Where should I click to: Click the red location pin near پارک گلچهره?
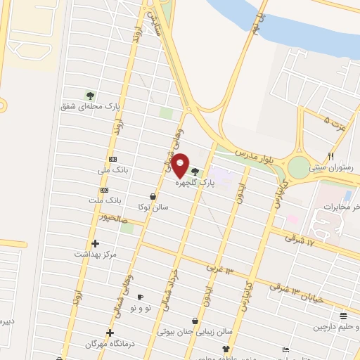[x=181, y=165]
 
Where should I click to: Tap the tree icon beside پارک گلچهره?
[x=195, y=172]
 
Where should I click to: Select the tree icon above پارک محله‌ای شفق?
[x=89, y=95]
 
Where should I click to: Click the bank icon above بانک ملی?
[x=112, y=160]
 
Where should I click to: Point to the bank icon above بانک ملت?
[x=105, y=190]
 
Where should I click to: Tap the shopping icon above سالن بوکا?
[x=153, y=196]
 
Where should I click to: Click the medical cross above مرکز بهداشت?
[x=96, y=243]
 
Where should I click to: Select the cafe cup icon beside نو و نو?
[x=139, y=297]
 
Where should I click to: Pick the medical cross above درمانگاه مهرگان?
[x=110, y=333]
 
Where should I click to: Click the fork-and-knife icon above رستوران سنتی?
[x=331, y=156]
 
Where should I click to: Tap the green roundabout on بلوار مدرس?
[x=299, y=167]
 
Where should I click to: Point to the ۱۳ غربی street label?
[x=219, y=270]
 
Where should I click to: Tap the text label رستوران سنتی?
[x=333, y=169]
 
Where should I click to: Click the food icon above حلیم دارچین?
[x=342, y=316]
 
